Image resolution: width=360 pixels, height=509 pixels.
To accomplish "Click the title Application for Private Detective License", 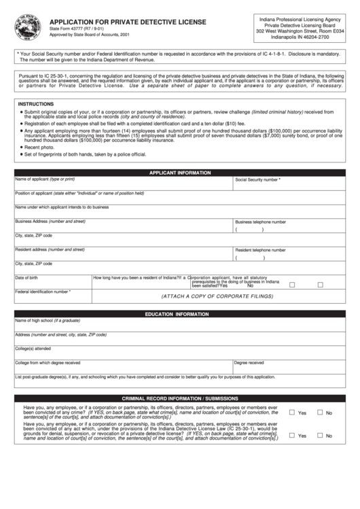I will tap(128, 22).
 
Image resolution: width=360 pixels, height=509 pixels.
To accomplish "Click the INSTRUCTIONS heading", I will tap(35, 104).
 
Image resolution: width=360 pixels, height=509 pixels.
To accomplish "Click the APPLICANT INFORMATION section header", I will tap(179, 173).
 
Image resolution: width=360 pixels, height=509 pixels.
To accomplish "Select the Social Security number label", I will tap(257, 180).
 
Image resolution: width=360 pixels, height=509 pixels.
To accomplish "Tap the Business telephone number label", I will tap(260, 222).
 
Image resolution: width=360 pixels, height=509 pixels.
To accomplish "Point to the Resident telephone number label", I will tap(260, 250).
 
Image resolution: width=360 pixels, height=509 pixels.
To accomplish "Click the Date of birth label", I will tap(26, 277).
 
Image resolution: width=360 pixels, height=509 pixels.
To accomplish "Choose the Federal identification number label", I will tap(43, 292).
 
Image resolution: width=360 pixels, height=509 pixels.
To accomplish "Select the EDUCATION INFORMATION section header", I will tap(179, 315).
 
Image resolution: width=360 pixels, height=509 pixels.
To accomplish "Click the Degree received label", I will tap(249, 362).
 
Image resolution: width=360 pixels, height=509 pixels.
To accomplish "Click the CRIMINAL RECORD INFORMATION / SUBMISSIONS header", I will tap(179, 398).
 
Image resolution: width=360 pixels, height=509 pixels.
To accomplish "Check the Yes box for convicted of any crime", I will tap(292, 413).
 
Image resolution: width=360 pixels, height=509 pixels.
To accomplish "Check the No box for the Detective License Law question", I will tap(320, 436).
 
